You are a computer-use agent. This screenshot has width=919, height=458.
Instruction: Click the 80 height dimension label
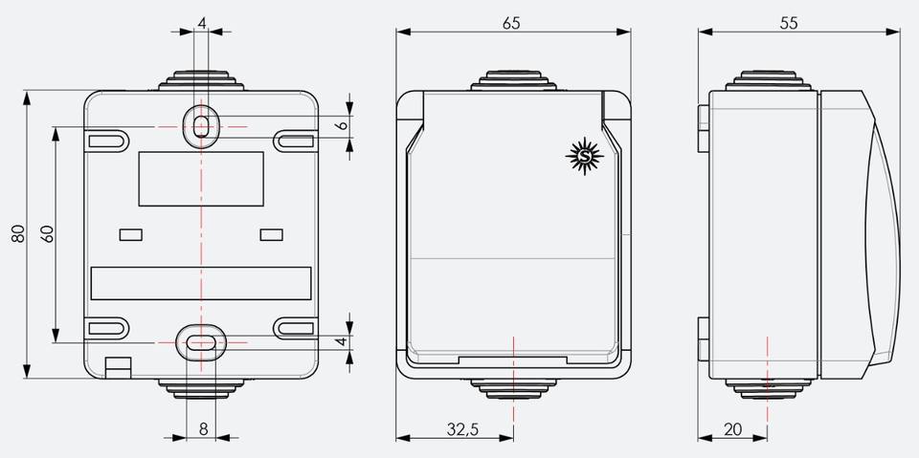point(19,233)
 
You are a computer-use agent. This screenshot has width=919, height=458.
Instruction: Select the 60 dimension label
point(48,234)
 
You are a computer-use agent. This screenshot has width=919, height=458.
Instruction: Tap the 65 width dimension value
point(511,23)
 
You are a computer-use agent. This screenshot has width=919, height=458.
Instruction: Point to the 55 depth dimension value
point(789,23)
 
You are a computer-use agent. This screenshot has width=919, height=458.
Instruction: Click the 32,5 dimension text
point(463,429)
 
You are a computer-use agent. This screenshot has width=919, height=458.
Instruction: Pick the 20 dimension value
point(732,429)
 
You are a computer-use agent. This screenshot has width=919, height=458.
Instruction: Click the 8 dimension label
point(203,429)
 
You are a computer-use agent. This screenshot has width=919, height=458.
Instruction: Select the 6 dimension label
point(344,124)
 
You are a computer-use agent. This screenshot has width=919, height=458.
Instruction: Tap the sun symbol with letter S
point(584,157)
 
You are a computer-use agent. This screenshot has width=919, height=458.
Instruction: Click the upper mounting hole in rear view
point(201,125)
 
